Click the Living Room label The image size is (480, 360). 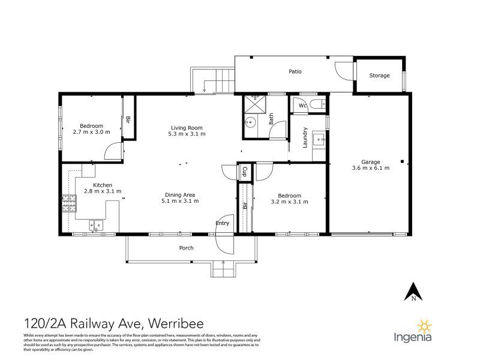(x=187, y=128)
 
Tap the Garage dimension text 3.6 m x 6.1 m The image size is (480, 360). (x=371, y=168)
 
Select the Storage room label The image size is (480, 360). (x=379, y=76)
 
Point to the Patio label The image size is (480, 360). (x=295, y=71)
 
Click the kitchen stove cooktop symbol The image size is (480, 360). (x=69, y=203)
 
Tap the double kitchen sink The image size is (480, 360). (x=96, y=226)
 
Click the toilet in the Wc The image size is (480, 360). (x=318, y=104)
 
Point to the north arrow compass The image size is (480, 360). (x=413, y=292)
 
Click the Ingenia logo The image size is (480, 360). (x=413, y=332)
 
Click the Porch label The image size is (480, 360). (x=186, y=248)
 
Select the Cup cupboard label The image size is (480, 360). (x=244, y=172)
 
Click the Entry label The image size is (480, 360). (x=222, y=223)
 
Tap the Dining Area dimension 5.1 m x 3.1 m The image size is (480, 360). (x=180, y=201)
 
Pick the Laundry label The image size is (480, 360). (x=305, y=137)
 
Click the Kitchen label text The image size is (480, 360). (x=103, y=185)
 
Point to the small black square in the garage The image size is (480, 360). (x=402, y=161)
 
